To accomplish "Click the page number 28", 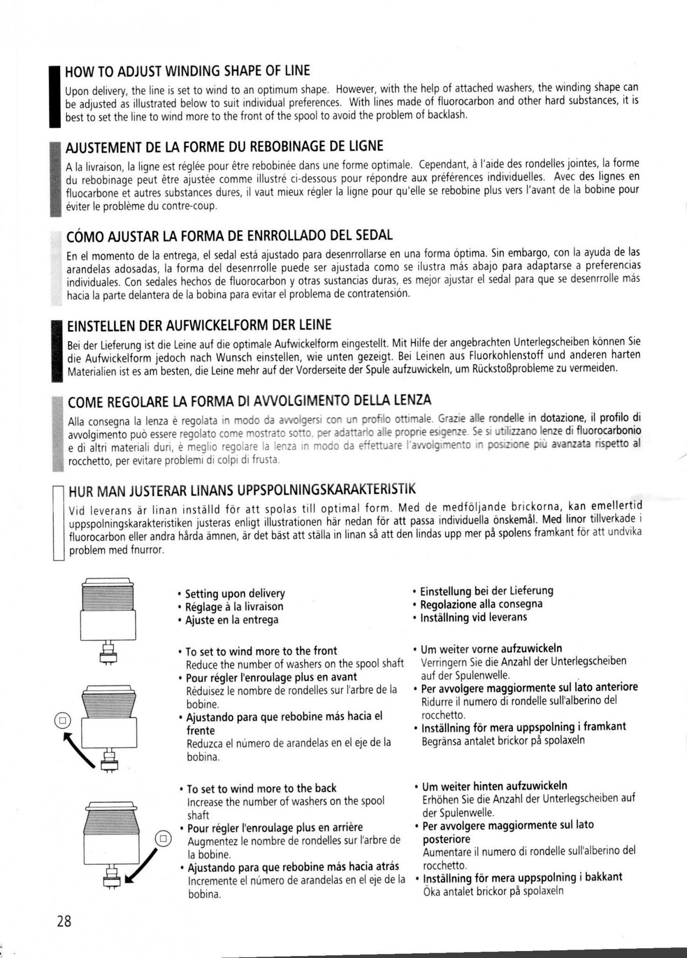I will [64, 921].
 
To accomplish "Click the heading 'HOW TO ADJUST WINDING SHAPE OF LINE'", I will [187, 71].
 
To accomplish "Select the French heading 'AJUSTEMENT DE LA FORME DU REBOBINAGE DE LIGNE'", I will [225, 147].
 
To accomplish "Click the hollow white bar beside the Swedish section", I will [58, 522].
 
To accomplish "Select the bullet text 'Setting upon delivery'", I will [235, 594].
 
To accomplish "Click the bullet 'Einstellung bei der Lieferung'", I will [487, 591].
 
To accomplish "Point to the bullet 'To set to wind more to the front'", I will [261, 651].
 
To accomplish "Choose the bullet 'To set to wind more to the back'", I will [261, 788].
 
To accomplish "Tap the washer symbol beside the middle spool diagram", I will [63, 720].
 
